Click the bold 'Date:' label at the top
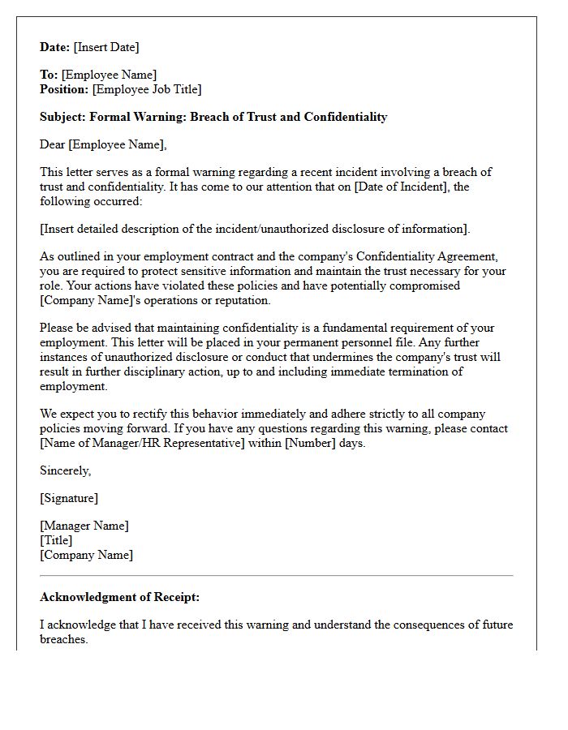pos(55,47)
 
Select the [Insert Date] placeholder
pos(106,47)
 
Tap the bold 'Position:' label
pos(64,89)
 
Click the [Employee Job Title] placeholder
pos(147,89)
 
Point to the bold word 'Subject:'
pos(62,117)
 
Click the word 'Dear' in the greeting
pos(53,144)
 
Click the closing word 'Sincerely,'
pos(66,470)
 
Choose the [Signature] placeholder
pos(69,498)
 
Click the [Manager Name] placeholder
pos(84,526)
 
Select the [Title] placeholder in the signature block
pos(56,540)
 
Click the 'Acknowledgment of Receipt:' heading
pos(119,597)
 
